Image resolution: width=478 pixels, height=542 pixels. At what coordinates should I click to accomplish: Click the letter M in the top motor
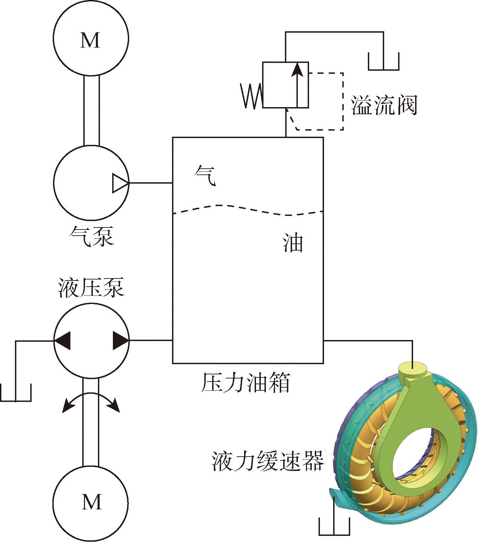tap(90, 40)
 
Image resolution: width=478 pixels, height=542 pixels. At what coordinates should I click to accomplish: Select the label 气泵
tap(91, 236)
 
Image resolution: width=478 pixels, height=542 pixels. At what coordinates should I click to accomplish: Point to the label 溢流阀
tap(384, 105)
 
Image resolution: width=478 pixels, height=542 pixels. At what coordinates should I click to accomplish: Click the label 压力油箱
tap(245, 383)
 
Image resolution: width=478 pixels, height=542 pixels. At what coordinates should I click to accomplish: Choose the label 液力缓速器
tap(268, 461)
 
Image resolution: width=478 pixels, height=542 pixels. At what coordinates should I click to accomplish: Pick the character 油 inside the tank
tap(292, 243)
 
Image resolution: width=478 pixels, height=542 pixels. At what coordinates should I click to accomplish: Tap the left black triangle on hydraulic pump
tap(63, 340)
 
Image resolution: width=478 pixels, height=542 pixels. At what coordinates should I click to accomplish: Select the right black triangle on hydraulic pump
tap(120, 340)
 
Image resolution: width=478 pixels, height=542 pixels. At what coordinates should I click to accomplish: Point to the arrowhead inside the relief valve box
tap(297, 70)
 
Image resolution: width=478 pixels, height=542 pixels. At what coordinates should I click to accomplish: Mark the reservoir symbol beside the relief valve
tap(383, 63)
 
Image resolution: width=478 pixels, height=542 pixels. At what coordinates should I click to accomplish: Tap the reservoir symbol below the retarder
tap(334, 527)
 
